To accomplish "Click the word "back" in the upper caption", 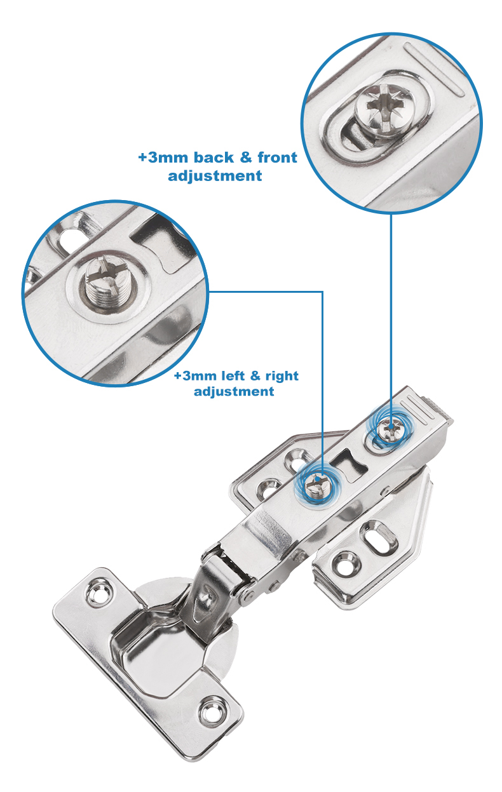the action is coord(214,158).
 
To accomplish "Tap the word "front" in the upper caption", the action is coord(277,158).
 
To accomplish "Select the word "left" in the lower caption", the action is coord(233,375).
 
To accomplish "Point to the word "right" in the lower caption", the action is coord(282,376).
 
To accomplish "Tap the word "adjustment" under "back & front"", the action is coord(215,176).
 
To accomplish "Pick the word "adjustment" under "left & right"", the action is coord(234,391).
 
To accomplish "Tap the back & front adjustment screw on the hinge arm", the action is coord(391,429).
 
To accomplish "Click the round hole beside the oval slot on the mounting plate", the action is coord(344,565).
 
